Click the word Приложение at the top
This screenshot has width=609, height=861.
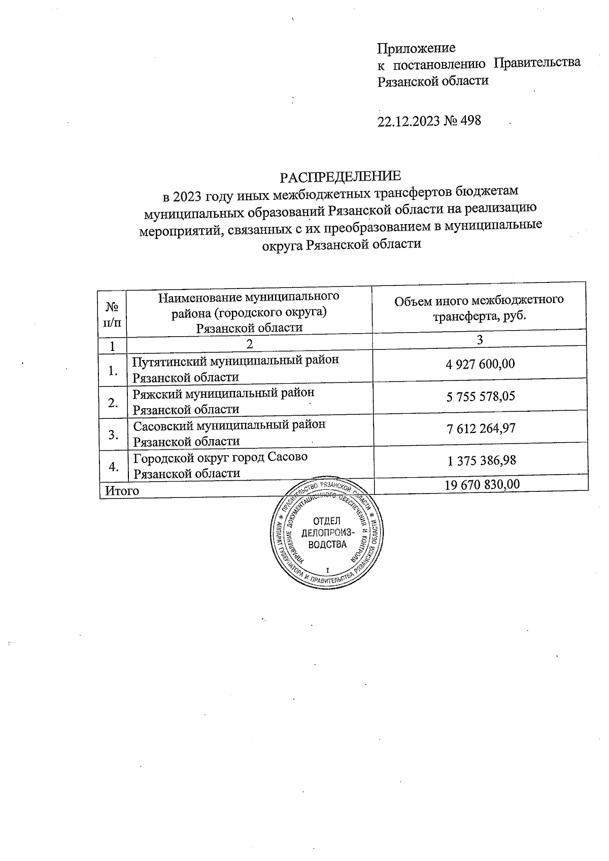coord(416,49)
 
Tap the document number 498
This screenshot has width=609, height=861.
coord(470,121)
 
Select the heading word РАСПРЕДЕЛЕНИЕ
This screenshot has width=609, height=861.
coord(341,176)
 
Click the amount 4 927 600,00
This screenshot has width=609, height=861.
coord(480,364)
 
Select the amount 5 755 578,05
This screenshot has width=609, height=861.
coord(481,396)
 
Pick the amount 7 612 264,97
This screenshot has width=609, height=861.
coord(481,428)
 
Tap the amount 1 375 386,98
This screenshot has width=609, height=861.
coord(481,460)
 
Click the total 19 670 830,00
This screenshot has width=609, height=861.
coord(482,485)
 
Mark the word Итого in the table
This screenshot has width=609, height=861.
coord(122,490)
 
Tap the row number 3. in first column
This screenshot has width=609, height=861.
coord(113,435)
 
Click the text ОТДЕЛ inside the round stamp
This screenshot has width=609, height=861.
coord(327,521)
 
